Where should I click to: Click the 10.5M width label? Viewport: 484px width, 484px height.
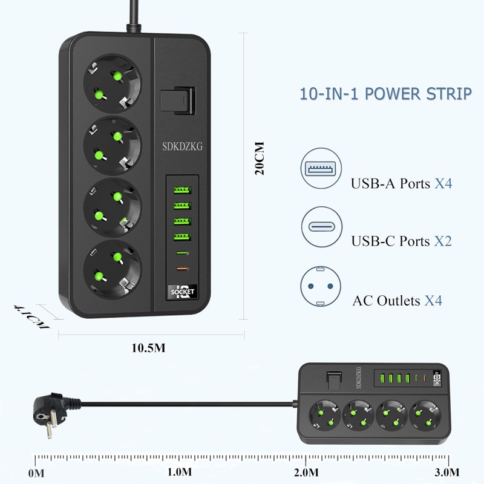click(148, 347)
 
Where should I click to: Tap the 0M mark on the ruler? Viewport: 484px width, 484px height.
click(36, 471)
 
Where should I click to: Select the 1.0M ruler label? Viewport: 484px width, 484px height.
click(180, 471)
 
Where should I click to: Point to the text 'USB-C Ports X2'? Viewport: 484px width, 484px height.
click(401, 241)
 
